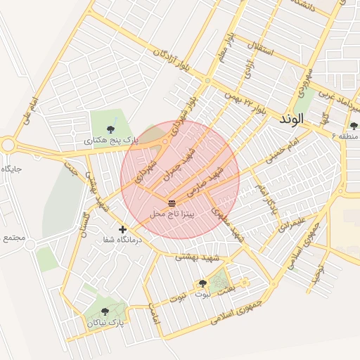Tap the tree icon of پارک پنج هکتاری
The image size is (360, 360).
[x=111, y=129]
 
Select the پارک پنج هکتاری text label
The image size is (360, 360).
[x=112, y=141]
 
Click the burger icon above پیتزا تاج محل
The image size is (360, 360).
[x=173, y=202]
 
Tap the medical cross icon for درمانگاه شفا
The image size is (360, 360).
[x=123, y=229]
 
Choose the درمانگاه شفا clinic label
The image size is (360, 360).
[x=123, y=240]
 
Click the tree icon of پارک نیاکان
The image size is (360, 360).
[x=105, y=311]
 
